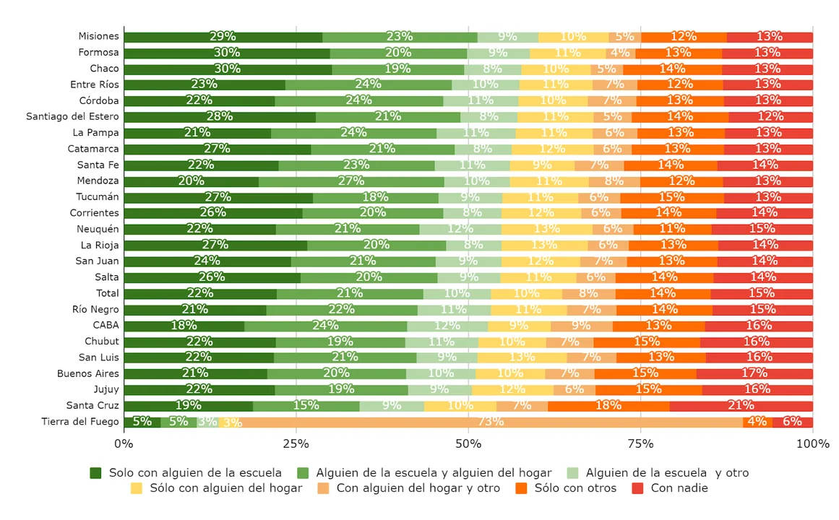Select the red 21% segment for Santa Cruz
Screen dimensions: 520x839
tap(741, 406)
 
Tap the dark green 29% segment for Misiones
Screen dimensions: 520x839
tap(223, 37)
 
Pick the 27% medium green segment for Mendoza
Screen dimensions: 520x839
tap(351, 181)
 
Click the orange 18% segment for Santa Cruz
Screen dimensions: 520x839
tap(608, 406)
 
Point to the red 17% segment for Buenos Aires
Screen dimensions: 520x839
tap(754, 373)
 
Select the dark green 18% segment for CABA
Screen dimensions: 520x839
tap(184, 326)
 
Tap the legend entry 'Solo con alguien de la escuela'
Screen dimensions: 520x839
tap(186, 473)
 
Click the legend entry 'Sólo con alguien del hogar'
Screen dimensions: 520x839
tap(216, 488)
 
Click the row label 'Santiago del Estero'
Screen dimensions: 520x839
tap(72, 116)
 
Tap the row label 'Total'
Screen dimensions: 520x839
tap(107, 293)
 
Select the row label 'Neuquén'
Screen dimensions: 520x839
tap(98, 229)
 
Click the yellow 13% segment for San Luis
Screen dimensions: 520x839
tap(522, 357)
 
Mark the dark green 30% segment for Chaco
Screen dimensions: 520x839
tap(228, 69)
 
